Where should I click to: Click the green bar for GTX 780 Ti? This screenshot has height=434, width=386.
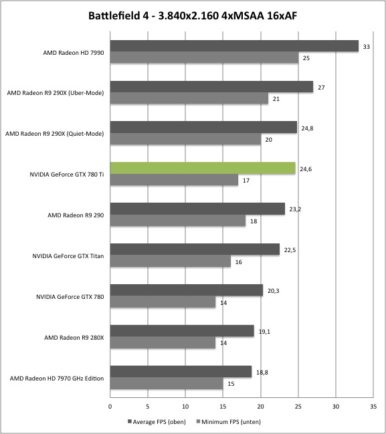(203, 169)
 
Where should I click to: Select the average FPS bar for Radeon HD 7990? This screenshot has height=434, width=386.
(234, 46)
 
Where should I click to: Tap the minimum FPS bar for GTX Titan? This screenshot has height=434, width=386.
(171, 261)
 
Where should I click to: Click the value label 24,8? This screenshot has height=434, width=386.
(307, 128)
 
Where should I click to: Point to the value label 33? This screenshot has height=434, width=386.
(367, 47)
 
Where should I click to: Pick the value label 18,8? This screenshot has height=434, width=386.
(262, 372)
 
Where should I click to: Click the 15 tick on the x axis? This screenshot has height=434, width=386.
(223, 407)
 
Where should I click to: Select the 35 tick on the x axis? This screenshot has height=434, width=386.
(373, 407)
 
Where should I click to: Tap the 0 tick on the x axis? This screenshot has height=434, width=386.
(110, 407)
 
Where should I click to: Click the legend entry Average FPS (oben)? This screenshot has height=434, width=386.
(157, 422)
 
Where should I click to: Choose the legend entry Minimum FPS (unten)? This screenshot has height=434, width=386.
(228, 422)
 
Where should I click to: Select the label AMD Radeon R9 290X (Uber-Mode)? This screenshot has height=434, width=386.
(56, 93)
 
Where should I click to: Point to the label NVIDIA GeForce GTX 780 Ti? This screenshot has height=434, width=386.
(67, 175)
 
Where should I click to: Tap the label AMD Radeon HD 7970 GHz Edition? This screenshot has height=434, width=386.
(57, 378)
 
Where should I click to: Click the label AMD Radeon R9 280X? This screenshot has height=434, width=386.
(74, 338)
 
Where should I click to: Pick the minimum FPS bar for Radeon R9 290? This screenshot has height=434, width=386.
(178, 221)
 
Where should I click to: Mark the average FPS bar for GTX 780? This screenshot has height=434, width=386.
(187, 290)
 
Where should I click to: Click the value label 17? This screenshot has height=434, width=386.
(246, 181)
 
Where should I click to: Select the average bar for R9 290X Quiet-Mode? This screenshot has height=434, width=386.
(203, 127)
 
